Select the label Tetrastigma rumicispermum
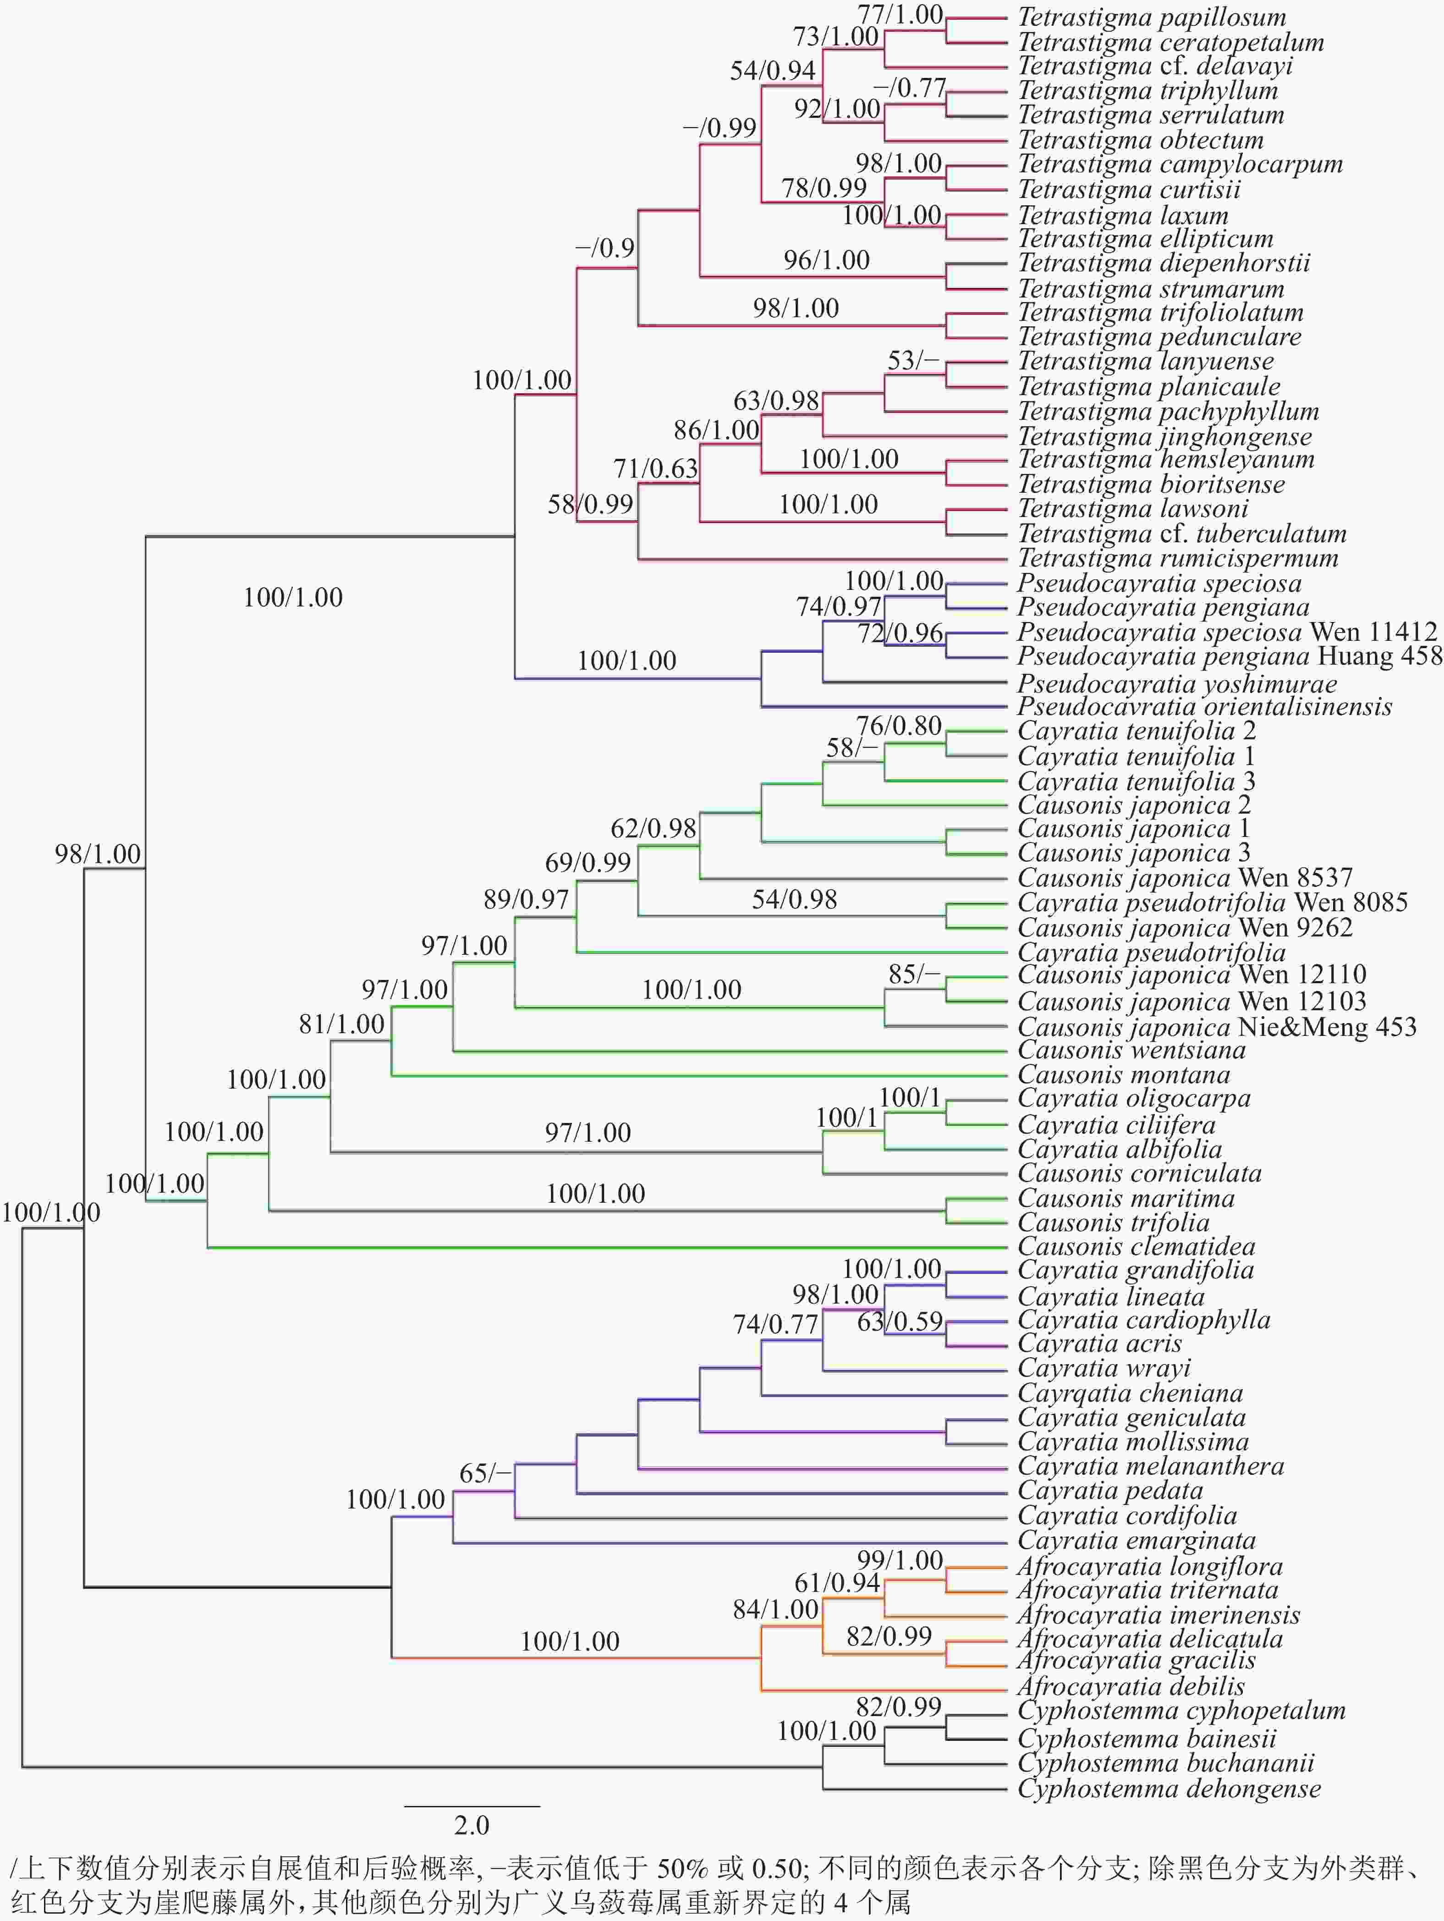[1177, 558]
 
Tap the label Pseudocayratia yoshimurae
[1176, 683]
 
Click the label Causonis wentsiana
[1131, 1051]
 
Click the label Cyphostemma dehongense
[1169, 1789]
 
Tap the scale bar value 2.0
[472, 1826]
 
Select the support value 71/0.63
[656, 469]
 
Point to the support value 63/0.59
[900, 1322]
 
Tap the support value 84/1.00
[775, 1610]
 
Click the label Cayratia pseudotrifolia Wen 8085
[1212, 903]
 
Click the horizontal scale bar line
[472, 1806]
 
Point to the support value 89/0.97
[526, 900]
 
